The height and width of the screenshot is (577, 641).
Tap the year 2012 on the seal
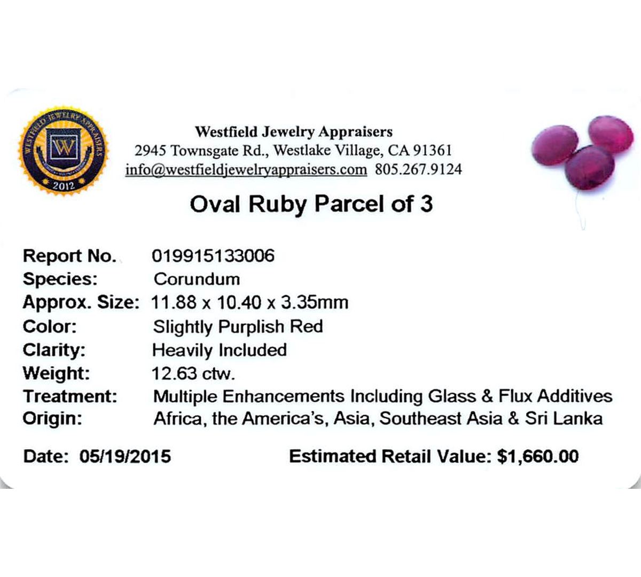64,185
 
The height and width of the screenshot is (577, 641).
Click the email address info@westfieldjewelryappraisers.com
246,169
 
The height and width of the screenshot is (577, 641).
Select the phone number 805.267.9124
418,169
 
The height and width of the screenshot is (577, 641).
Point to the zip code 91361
432,151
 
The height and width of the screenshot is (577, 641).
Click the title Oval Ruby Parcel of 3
311,204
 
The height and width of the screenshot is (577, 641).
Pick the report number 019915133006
213,256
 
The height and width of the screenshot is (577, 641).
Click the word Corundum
197,279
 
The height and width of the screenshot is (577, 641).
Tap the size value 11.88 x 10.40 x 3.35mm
249,302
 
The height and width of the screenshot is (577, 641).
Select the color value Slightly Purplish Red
238,327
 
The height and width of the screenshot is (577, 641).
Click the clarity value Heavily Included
220,350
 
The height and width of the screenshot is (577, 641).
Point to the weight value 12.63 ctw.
193,373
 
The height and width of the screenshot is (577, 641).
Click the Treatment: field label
70,396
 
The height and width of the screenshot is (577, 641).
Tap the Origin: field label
52,418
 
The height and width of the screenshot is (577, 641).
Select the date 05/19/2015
125,456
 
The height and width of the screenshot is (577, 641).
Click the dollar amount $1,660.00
538,456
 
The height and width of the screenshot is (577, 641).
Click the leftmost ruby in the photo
554,145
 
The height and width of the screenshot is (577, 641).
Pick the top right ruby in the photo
611,134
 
